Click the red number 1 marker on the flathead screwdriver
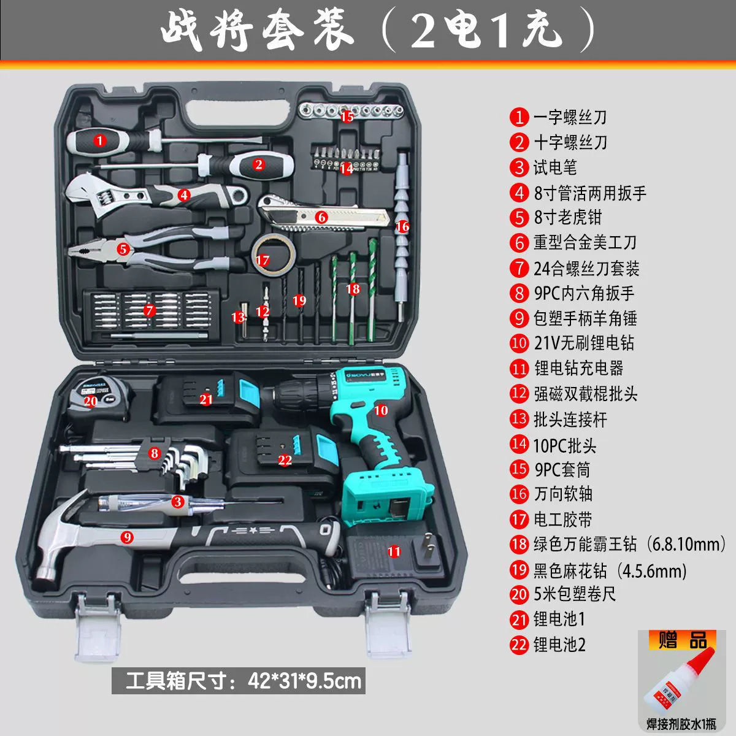pos(100,140)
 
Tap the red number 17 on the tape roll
pos(263,260)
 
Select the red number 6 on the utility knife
pos(321,217)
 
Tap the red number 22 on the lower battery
pos(285,460)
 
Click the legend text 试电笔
pos(554,167)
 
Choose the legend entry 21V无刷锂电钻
pos(584,343)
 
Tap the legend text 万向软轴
pos(563,494)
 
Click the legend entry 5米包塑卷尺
pos(575,594)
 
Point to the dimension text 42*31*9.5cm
pos(304,681)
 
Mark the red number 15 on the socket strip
pos(347,117)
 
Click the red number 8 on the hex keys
pos(155,453)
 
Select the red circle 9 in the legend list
pos(519,318)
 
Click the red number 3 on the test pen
pos(178,502)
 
